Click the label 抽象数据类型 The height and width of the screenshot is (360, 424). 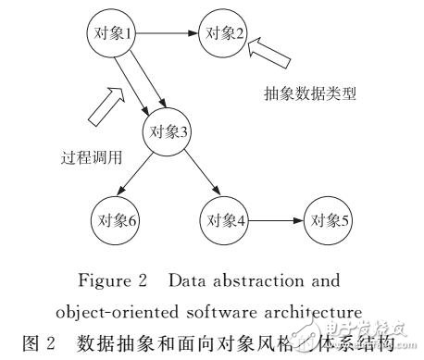[311, 94]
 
